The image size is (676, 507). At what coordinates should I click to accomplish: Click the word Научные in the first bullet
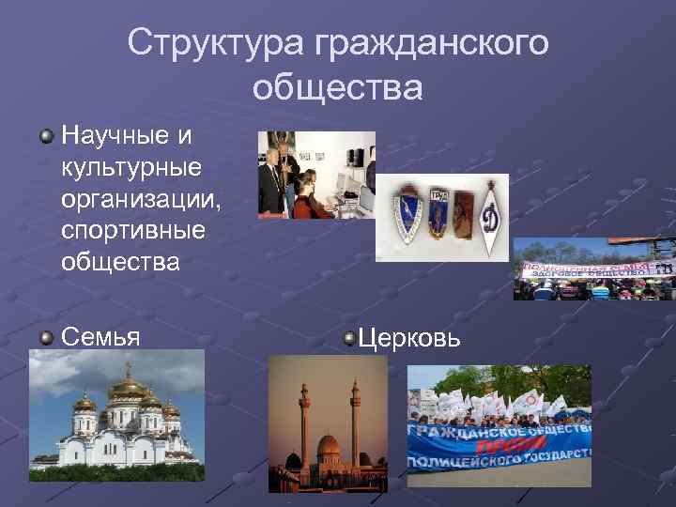[115, 136]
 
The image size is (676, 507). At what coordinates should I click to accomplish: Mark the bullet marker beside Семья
[46, 335]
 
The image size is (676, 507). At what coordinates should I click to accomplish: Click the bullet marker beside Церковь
[349, 335]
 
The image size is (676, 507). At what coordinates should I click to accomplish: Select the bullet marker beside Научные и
[46, 137]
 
